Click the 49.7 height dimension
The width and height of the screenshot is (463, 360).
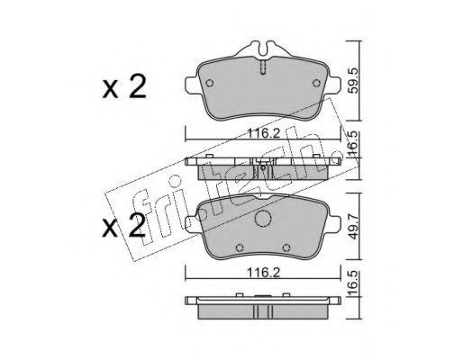(354, 226)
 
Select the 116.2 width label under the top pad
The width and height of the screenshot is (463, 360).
(263, 133)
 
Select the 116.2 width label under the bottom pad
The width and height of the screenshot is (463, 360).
(263, 273)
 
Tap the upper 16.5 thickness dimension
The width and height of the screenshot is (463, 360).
(354, 143)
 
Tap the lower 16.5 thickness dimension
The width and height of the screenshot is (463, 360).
(354, 283)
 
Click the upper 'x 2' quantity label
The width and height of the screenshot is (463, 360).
(124, 87)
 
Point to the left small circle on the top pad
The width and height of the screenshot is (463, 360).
(210, 83)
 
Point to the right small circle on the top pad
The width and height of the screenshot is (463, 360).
(316, 83)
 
